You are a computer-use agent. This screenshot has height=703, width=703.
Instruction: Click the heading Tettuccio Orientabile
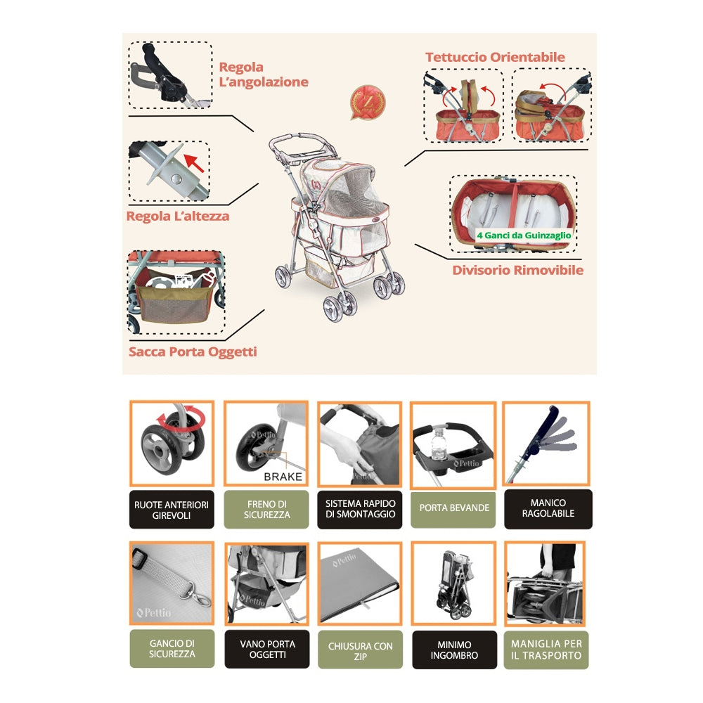pyautogui.click(x=495, y=57)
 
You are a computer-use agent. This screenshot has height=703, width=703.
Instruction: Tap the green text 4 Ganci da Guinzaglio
pyautogui.click(x=524, y=236)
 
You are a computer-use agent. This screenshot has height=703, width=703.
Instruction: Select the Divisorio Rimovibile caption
pyautogui.click(x=517, y=270)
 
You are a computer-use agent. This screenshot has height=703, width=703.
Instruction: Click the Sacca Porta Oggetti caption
pyautogui.click(x=193, y=351)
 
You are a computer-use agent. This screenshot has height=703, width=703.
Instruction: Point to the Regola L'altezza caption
pyautogui.click(x=178, y=216)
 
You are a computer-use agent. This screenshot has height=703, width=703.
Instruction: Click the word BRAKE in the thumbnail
pyautogui.click(x=283, y=477)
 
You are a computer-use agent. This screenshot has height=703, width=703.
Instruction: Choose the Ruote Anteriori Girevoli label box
pyautogui.click(x=172, y=510)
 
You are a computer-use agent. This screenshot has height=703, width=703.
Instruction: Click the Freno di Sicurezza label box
pyautogui.click(x=266, y=510)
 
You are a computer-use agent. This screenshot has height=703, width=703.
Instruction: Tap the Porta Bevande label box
pyautogui.click(x=453, y=508)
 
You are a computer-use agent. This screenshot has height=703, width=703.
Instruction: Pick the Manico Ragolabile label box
pyautogui.click(x=548, y=508)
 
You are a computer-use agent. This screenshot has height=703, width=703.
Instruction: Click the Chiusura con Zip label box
pyautogui.click(x=360, y=649)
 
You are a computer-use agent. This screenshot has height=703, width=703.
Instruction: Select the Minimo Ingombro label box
pyautogui.click(x=453, y=649)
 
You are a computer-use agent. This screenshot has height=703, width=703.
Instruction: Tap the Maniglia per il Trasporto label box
pyautogui.click(x=546, y=649)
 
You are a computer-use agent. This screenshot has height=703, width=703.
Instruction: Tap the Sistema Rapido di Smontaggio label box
pyautogui.click(x=360, y=509)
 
